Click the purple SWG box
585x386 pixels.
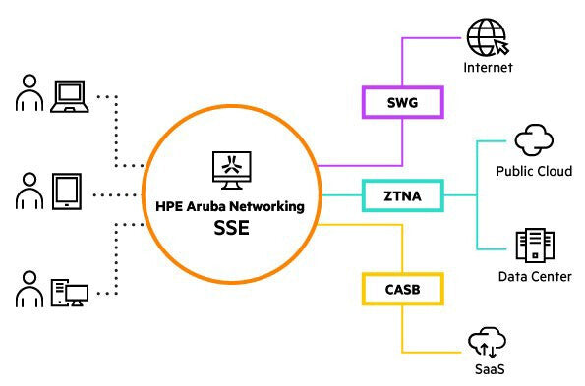click(x=403, y=101)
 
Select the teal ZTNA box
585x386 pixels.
click(x=403, y=195)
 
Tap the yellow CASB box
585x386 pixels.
click(x=403, y=289)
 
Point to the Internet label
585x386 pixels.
click(x=489, y=68)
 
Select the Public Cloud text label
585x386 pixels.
click(x=534, y=171)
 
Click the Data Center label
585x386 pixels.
click(x=534, y=277)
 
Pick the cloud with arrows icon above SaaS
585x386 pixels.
click(x=488, y=343)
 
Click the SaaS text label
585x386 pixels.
click(x=488, y=370)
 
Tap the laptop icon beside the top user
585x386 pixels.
click(x=70, y=95)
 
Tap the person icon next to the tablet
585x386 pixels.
click(x=29, y=192)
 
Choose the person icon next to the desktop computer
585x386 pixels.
click(x=29, y=292)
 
